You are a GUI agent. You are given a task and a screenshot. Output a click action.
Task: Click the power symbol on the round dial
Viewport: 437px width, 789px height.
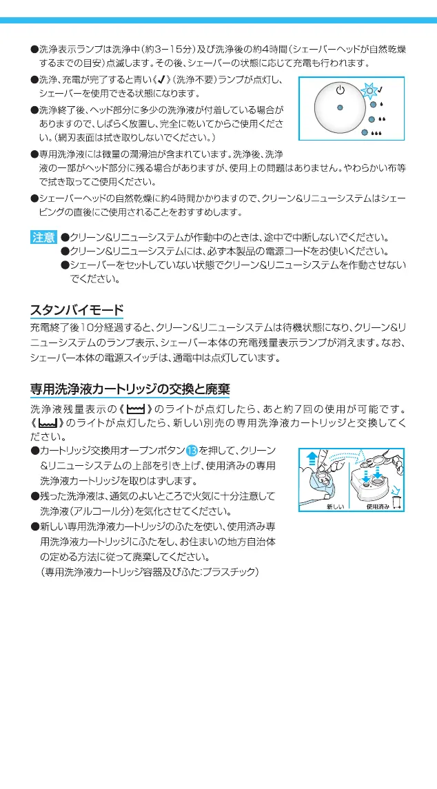(340, 90)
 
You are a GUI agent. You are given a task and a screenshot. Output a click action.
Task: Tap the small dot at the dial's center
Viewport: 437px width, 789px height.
(340, 107)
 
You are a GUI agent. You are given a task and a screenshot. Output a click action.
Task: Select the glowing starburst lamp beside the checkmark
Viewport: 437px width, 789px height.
(371, 90)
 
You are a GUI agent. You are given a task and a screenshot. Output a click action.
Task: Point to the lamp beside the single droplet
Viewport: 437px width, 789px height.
(372, 105)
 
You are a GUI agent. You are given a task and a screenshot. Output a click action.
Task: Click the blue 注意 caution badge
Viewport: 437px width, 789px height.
(43, 238)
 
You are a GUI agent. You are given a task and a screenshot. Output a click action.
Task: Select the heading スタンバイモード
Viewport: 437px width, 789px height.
(77, 309)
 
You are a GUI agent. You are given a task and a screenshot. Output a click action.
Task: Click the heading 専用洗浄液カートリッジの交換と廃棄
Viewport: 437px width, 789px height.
(130, 389)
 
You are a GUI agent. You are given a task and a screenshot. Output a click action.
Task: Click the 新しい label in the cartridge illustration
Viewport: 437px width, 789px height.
(336, 506)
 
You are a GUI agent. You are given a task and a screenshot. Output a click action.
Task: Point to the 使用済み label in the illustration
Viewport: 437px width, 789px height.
(378, 506)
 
